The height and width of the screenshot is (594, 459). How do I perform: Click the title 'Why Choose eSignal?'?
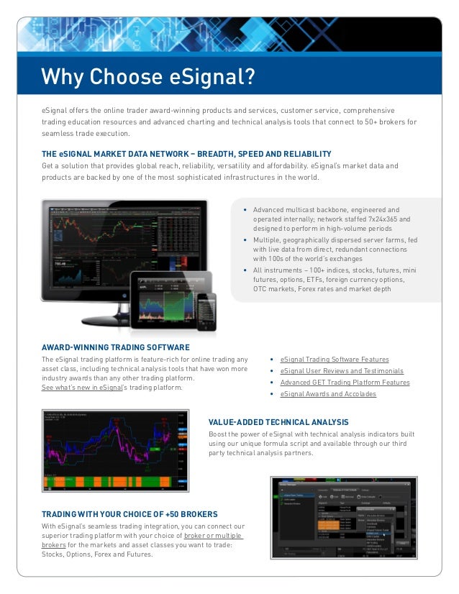click(x=148, y=76)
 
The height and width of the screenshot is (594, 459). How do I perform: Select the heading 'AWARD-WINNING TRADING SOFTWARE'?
click(x=116, y=346)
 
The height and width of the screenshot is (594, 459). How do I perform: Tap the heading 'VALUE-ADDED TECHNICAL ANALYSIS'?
click(x=278, y=422)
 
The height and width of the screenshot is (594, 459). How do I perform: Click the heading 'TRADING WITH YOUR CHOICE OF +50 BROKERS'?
click(x=129, y=515)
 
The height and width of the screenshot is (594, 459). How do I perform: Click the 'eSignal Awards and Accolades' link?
click(x=328, y=394)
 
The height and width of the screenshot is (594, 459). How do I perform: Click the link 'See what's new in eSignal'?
click(x=81, y=388)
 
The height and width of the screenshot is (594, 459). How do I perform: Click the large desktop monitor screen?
click(x=122, y=241)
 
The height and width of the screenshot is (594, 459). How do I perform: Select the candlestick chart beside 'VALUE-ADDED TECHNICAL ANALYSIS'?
click(x=115, y=451)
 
